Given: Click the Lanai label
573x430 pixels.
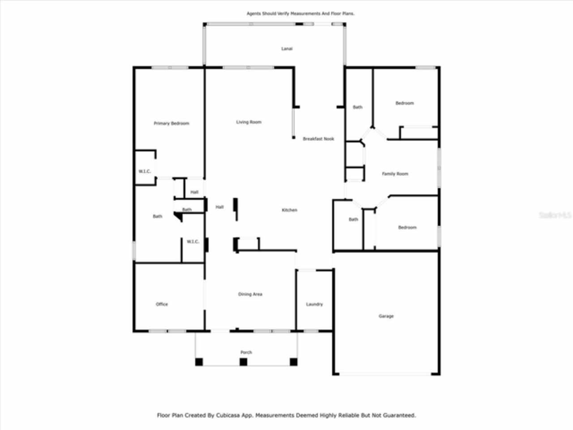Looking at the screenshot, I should [x=287, y=49].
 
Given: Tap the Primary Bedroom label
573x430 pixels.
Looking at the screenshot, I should [x=171, y=124].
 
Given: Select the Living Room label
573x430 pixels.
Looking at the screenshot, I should [x=249, y=122].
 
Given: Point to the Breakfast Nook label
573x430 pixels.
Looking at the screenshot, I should [x=318, y=139].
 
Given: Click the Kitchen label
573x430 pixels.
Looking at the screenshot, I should [x=290, y=210].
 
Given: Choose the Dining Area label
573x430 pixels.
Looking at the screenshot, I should [x=250, y=294].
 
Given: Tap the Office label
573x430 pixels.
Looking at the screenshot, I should [x=162, y=304].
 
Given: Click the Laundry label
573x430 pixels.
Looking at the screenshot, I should [x=314, y=304].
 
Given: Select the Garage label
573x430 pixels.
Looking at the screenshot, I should [x=386, y=316].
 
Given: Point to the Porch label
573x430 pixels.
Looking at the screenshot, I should [x=246, y=353].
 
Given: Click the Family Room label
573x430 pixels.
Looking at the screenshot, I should [x=395, y=174].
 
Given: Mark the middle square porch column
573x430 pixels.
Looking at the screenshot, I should [x=244, y=362].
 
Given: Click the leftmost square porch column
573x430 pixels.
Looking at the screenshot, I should [x=199, y=362].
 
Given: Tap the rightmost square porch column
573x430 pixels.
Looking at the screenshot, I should [x=294, y=362].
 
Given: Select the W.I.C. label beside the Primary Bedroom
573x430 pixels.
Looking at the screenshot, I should [x=145, y=172].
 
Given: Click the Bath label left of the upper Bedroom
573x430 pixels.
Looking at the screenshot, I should [x=358, y=107].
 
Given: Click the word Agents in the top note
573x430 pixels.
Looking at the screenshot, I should [x=254, y=14].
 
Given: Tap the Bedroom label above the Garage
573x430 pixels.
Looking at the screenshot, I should [x=407, y=228].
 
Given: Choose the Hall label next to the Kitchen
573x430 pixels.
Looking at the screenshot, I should [x=219, y=207].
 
